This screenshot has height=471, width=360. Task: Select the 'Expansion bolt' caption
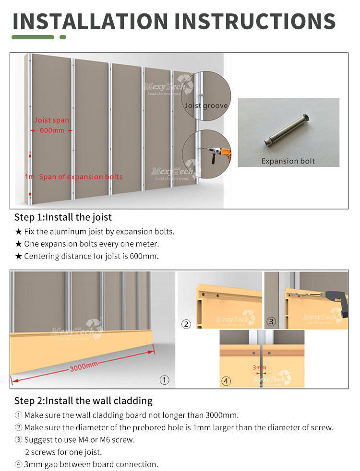point(288,161)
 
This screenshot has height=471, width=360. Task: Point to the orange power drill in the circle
point(222,153)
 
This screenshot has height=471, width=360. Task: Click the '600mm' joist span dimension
point(52,130)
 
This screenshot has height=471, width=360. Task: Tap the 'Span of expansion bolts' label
point(81,177)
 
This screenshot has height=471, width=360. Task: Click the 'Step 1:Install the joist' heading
point(63,217)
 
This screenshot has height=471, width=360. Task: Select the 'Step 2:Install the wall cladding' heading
point(83,400)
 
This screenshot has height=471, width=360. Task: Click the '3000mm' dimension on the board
point(84,367)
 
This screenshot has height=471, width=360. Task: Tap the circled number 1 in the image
point(164,380)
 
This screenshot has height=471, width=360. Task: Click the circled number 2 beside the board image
point(186,324)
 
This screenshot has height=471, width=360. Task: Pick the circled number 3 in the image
point(271,322)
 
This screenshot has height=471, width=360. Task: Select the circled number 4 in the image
point(226,381)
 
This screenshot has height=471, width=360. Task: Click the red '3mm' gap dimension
point(260,368)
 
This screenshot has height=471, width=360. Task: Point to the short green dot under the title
point(62,37)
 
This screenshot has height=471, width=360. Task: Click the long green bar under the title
point(33,37)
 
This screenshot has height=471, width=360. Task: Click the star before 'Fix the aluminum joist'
point(19,232)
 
